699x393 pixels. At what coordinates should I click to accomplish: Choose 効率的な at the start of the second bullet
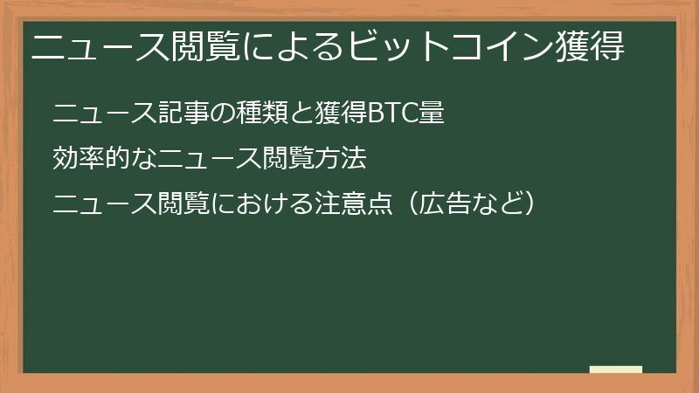pyautogui.click(x=95, y=159)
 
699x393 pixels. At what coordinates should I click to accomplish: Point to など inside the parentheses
pyautogui.click(x=495, y=204)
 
